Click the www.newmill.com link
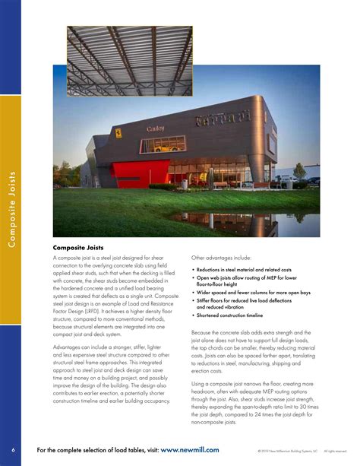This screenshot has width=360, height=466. [190, 450]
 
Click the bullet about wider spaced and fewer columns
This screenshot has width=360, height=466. [251, 291]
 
